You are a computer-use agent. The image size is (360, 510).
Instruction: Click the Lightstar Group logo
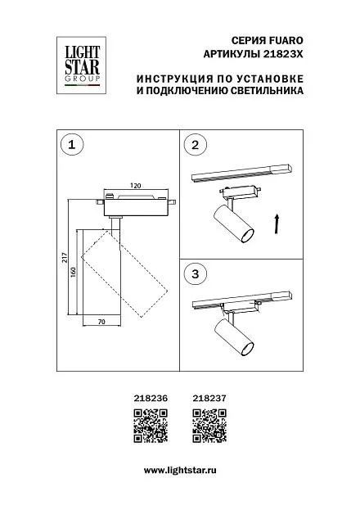point(81,65)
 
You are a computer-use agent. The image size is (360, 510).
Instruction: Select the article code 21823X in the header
point(282,54)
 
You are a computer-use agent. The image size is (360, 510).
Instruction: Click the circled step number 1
point(72,144)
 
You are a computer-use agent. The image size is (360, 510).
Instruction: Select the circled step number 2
point(195,144)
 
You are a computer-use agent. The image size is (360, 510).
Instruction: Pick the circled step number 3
point(195,274)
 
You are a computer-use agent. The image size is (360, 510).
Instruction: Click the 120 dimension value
point(136,185)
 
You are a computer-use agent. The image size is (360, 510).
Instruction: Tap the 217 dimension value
point(65,258)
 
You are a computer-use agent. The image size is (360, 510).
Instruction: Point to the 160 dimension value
point(73,272)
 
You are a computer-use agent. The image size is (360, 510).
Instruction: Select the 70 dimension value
point(101,322)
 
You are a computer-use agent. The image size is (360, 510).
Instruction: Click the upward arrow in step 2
point(277,223)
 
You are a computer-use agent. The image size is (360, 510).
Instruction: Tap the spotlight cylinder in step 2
point(233,223)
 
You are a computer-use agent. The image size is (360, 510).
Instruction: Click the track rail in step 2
point(242,173)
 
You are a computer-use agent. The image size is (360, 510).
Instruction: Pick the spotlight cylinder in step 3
point(233,338)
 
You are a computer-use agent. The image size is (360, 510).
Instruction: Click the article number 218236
point(151,398)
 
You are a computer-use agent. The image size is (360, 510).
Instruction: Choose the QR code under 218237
point(209,426)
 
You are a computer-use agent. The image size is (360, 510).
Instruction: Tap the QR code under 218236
point(151,426)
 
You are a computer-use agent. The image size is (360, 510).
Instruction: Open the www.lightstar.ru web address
point(180,471)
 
